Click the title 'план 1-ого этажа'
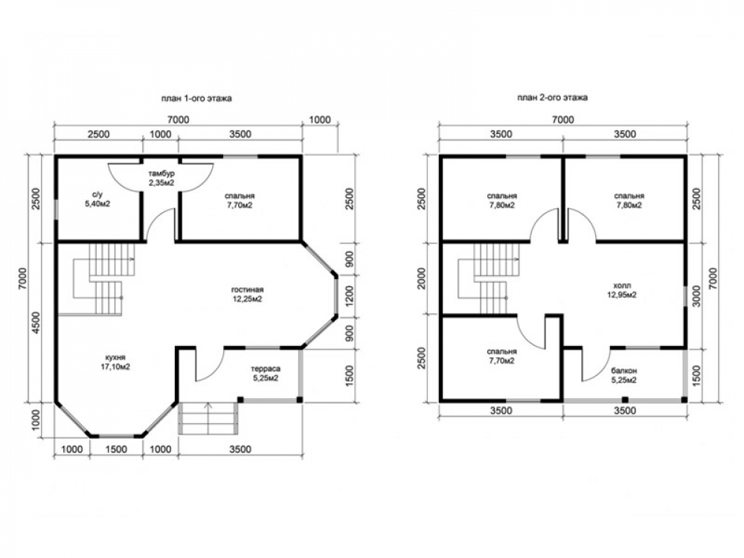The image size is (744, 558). (196, 99)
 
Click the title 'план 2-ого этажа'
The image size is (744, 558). (552, 97)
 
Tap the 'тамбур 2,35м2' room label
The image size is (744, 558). (161, 178)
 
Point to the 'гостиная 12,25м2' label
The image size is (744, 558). (247, 294)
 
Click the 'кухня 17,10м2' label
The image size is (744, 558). (116, 362)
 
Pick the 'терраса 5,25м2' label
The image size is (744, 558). (266, 373)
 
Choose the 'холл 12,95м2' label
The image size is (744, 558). (622, 290)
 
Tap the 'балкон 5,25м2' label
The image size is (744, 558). (624, 375)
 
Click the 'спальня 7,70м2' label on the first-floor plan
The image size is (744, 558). (240, 200)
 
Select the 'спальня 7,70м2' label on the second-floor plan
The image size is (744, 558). (501, 356)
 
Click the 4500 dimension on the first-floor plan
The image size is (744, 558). (35, 324)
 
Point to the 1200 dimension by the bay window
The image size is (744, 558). (350, 295)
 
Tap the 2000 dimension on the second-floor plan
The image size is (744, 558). (421, 279)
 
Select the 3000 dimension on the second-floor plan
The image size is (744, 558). (696, 296)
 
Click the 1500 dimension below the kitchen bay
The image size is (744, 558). (116, 449)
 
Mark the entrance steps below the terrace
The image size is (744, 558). (208, 417)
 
